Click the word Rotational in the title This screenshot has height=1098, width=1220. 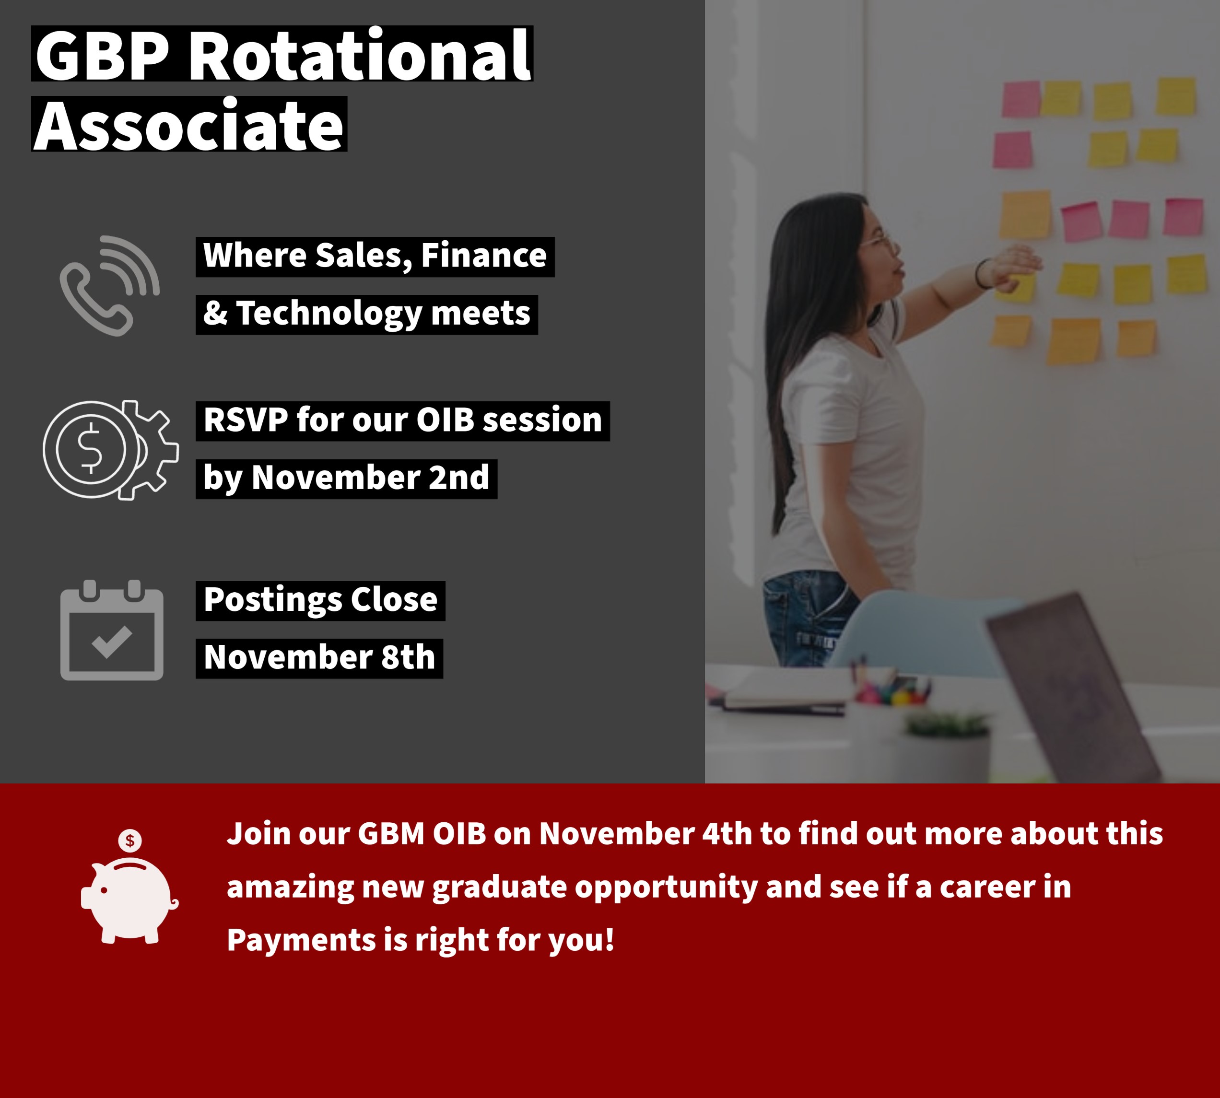(x=360, y=56)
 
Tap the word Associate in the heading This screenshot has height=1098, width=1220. (x=189, y=125)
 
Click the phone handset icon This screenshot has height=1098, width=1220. (x=109, y=285)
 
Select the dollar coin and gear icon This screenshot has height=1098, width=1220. (x=110, y=450)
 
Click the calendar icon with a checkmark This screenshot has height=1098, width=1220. (x=112, y=630)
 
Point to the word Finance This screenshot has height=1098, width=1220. (x=484, y=255)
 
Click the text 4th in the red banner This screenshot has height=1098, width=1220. (x=727, y=834)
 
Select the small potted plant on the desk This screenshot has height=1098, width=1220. (x=947, y=748)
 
